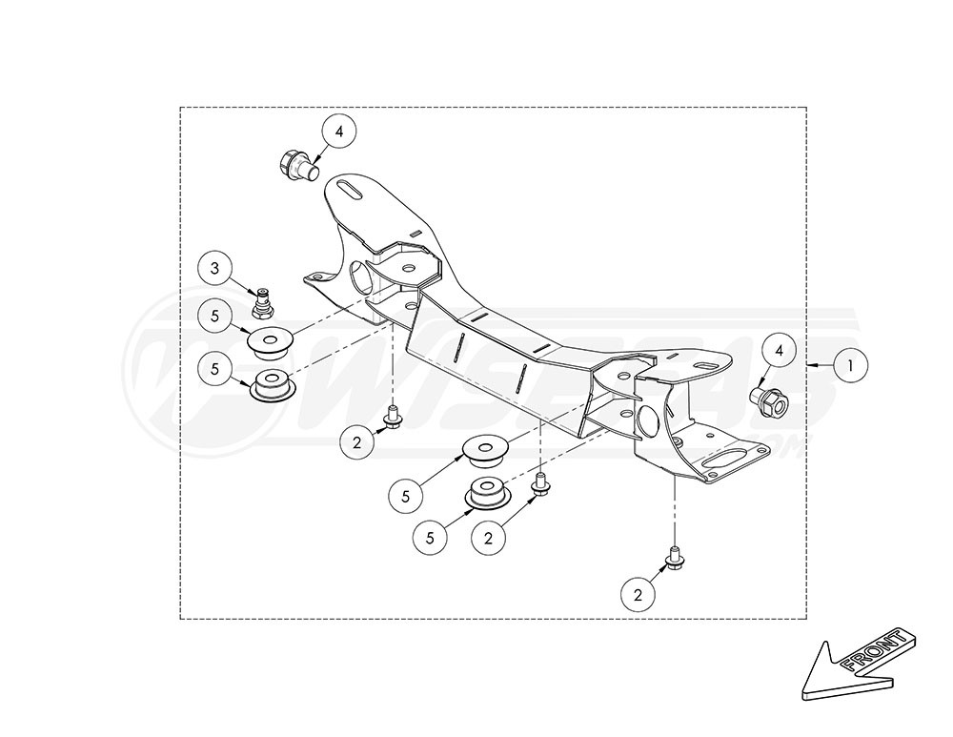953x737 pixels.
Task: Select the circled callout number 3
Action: coord(215,269)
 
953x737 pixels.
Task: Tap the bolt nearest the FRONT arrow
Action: coord(674,559)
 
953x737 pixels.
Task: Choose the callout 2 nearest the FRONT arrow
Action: coord(639,595)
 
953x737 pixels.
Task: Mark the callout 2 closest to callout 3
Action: coord(357,441)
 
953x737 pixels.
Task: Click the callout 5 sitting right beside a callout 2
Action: coord(431,538)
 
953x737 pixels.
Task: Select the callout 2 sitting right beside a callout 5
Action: coord(488,538)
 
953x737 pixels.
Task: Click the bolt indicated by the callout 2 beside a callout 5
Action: coord(540,483)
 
